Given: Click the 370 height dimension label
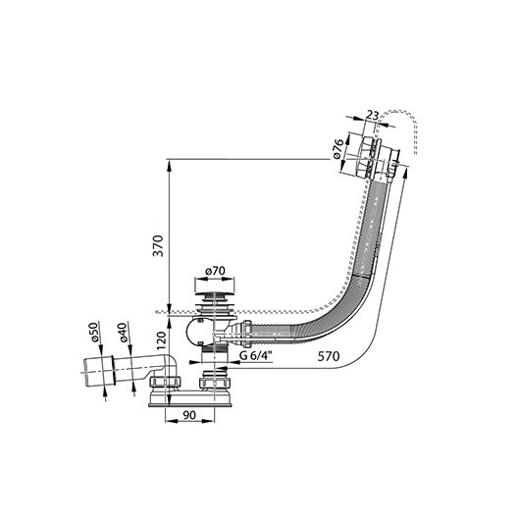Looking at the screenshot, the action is point(158,245).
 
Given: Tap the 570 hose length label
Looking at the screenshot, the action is point(329,356).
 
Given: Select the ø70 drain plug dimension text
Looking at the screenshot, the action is point(215,271).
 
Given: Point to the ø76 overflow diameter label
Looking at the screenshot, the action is point(338,149).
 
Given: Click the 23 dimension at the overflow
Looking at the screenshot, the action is point(373,116).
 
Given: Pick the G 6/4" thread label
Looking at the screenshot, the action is point(256,356).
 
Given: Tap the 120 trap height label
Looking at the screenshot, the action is point(161,340).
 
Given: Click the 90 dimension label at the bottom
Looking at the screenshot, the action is point(189,415).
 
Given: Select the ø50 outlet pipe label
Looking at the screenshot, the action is point(94,332).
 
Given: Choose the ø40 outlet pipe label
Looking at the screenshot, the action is point(123,333).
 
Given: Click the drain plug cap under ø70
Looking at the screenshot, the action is point(214,294).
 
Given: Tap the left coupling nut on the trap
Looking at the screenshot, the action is point(165,383).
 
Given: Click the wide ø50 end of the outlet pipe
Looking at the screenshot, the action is point(98,371).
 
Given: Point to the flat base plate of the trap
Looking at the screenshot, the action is point(190,405).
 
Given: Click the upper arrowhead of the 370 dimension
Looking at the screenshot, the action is point(169,166).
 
